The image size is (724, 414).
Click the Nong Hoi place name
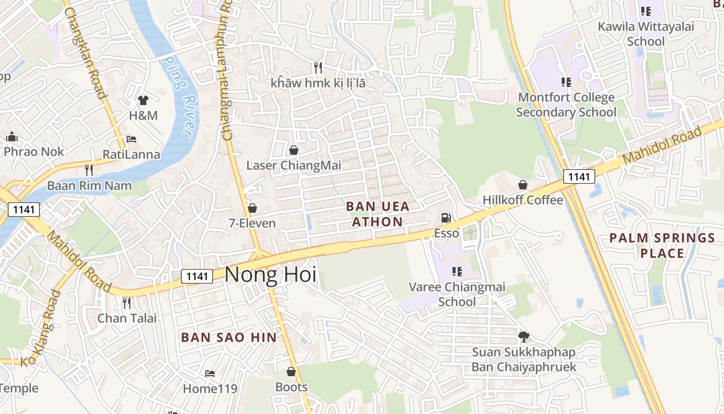coord(270,274)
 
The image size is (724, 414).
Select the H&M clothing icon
coord(143,100)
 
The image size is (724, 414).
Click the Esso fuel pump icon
coord(446,218)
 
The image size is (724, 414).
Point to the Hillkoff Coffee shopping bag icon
coord(523,185)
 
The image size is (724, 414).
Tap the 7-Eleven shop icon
coord(252,208)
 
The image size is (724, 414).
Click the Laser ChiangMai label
coord(293,166)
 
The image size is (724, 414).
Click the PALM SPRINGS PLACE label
coord(662,245)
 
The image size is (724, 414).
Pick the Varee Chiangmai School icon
coord(457,271)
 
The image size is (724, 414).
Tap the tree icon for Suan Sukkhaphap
coord(523,337)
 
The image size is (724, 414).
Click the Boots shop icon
coord(291,372)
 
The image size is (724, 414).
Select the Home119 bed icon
coord(209,373)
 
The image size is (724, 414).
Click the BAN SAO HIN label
coord(229,337)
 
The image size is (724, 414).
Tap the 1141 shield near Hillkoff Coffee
coord(579,176)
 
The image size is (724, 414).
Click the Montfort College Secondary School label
coord(566,105)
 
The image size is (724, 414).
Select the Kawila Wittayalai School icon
coord(645,11)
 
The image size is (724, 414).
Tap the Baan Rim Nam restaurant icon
coord(89,170)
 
